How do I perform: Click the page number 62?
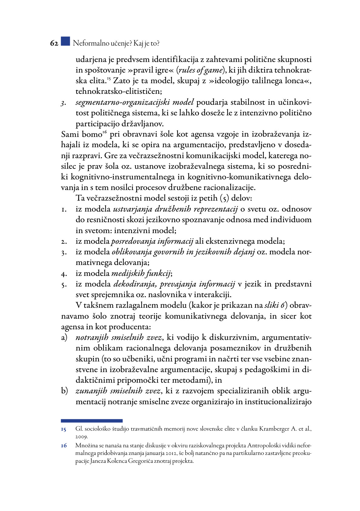(54, 43)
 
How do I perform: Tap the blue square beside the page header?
(65, 41)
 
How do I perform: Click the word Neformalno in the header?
(91, 43)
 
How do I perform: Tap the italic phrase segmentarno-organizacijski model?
(134, 102)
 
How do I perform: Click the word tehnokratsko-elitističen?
(119, 91)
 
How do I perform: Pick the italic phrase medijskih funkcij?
(142, 273)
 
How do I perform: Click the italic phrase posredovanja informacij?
(152, 242)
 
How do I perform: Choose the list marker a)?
(64, 337)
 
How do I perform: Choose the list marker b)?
(64, 391)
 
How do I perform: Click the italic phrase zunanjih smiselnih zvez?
(118, 391)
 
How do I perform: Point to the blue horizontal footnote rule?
(92, 421)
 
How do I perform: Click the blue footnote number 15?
(63, 429)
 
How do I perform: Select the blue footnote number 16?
(63, 446)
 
